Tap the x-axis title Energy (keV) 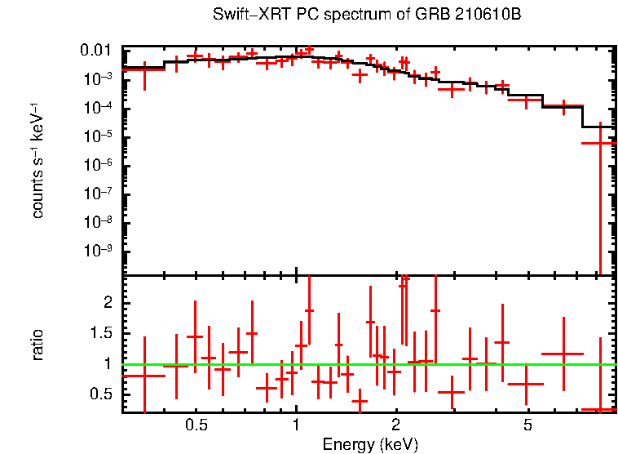(x=370, y=445)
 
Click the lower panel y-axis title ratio (x=38, y=345)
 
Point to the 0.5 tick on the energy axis (x=196, y=425)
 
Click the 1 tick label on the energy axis (x=296, y=425)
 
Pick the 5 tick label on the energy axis (x=528, y=425)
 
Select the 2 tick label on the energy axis (x=395, y=425)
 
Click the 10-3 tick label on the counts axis (x=99, y=79)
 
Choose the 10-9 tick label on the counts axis (x=99, y=251)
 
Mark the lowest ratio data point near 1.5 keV (x=360, y=401)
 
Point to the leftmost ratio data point (x=144, y=376)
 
